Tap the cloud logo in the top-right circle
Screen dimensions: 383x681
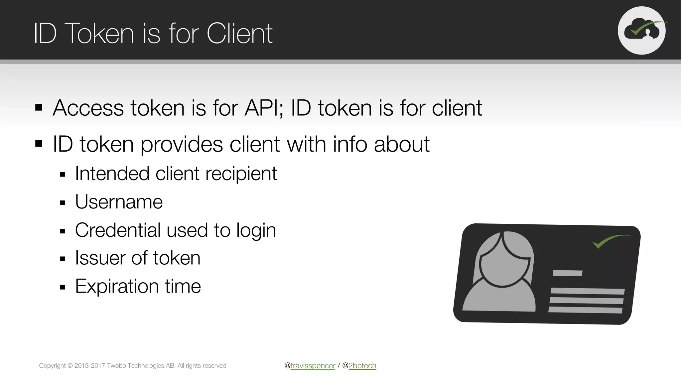coord(642,31)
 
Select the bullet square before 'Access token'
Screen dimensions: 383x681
coord(39,108)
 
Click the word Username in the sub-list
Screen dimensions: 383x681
coord(119,202)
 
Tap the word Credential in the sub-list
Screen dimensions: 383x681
coord(118,230)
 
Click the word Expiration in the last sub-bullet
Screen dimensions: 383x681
coord(117,286)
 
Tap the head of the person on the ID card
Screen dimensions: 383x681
coord(504,259)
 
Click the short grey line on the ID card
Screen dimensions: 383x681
coord(567,273)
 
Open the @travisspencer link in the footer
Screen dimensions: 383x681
coord(313,366)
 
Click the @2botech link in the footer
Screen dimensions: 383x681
coord(362,366)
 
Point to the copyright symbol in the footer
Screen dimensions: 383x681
coord(70,366)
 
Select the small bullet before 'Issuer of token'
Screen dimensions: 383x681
coord(63,259)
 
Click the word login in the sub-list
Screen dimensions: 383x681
coord(256,230)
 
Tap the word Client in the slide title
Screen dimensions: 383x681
coord(239,33)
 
